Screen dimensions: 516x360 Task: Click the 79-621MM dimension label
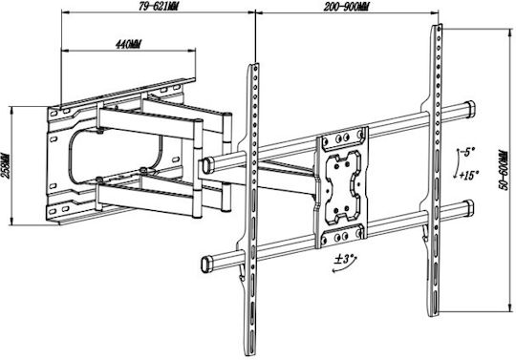coord(159,7)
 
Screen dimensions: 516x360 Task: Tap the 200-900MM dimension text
coord(346,7)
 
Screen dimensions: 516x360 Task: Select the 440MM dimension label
coord(128,44)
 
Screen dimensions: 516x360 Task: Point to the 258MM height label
coord(6,165)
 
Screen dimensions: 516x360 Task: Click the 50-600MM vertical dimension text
coord(503,170)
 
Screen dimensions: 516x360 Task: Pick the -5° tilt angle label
coord(466,152)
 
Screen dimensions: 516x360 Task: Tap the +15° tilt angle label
coord(469,176)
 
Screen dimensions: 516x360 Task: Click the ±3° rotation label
coord(343,259)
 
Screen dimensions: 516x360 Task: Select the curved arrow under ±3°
coord(344,266)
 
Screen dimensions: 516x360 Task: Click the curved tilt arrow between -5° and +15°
coord(458,163)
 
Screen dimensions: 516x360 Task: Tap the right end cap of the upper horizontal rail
coord(470,109)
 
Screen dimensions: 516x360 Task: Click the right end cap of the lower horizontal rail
coord(469,208)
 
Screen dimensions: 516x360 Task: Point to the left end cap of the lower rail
coord(206,264)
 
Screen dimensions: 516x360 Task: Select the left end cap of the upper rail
coord(207,165)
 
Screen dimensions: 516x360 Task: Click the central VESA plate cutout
coord(343,187)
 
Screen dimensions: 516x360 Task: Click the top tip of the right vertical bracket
coord(437,25)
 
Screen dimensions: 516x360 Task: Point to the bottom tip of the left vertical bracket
coord(250,354)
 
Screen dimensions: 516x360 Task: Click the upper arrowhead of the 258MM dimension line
coord(12,109)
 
